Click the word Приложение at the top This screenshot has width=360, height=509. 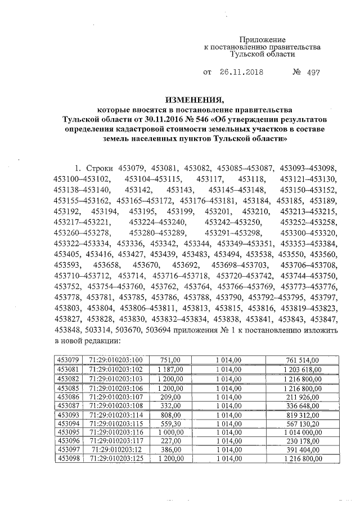(262, 39)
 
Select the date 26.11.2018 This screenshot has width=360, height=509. (239, 73)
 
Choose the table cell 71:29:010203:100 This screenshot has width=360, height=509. (116, 360)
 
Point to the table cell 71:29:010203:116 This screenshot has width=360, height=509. (116, 432)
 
